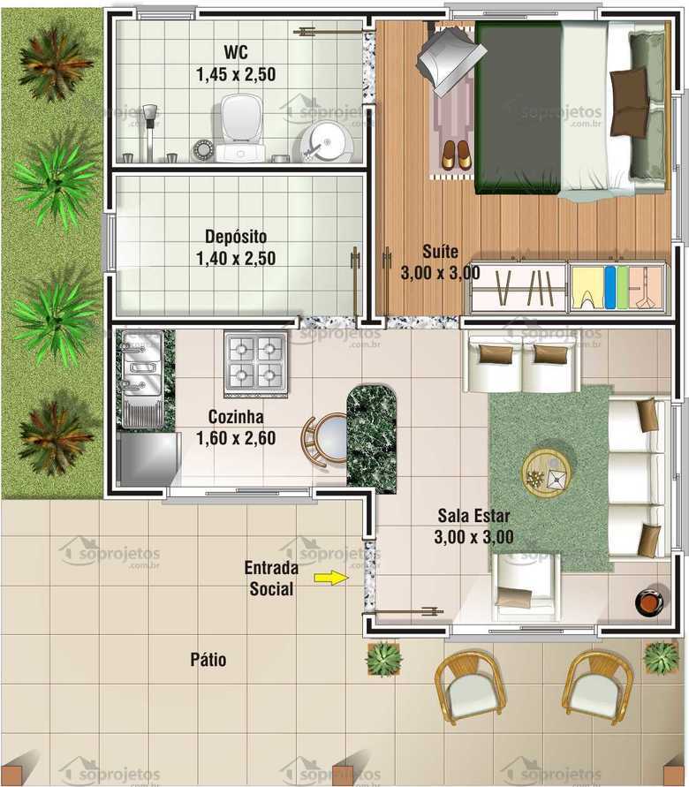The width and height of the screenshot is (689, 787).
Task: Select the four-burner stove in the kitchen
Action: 255,362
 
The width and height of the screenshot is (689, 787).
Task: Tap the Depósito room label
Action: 235,238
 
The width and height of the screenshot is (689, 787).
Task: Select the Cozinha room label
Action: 236,417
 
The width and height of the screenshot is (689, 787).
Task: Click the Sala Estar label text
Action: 473,516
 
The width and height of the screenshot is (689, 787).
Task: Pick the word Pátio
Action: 208,660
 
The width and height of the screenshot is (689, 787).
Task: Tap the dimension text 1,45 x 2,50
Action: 236,75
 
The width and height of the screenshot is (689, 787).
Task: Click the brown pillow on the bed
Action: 628,87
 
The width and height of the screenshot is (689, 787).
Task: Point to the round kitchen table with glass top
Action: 330,437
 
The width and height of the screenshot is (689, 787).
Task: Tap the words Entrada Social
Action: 271,578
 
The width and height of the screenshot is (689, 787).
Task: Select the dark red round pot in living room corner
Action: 650,602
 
